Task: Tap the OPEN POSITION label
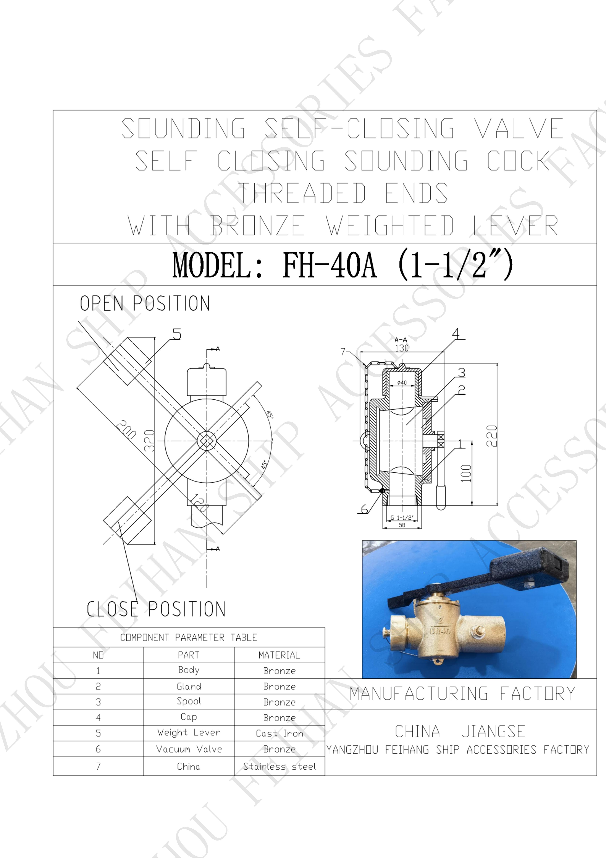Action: pyautogui.click(x=145, y=303)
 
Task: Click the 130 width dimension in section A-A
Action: pyautogui.click(x=402, y=348)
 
